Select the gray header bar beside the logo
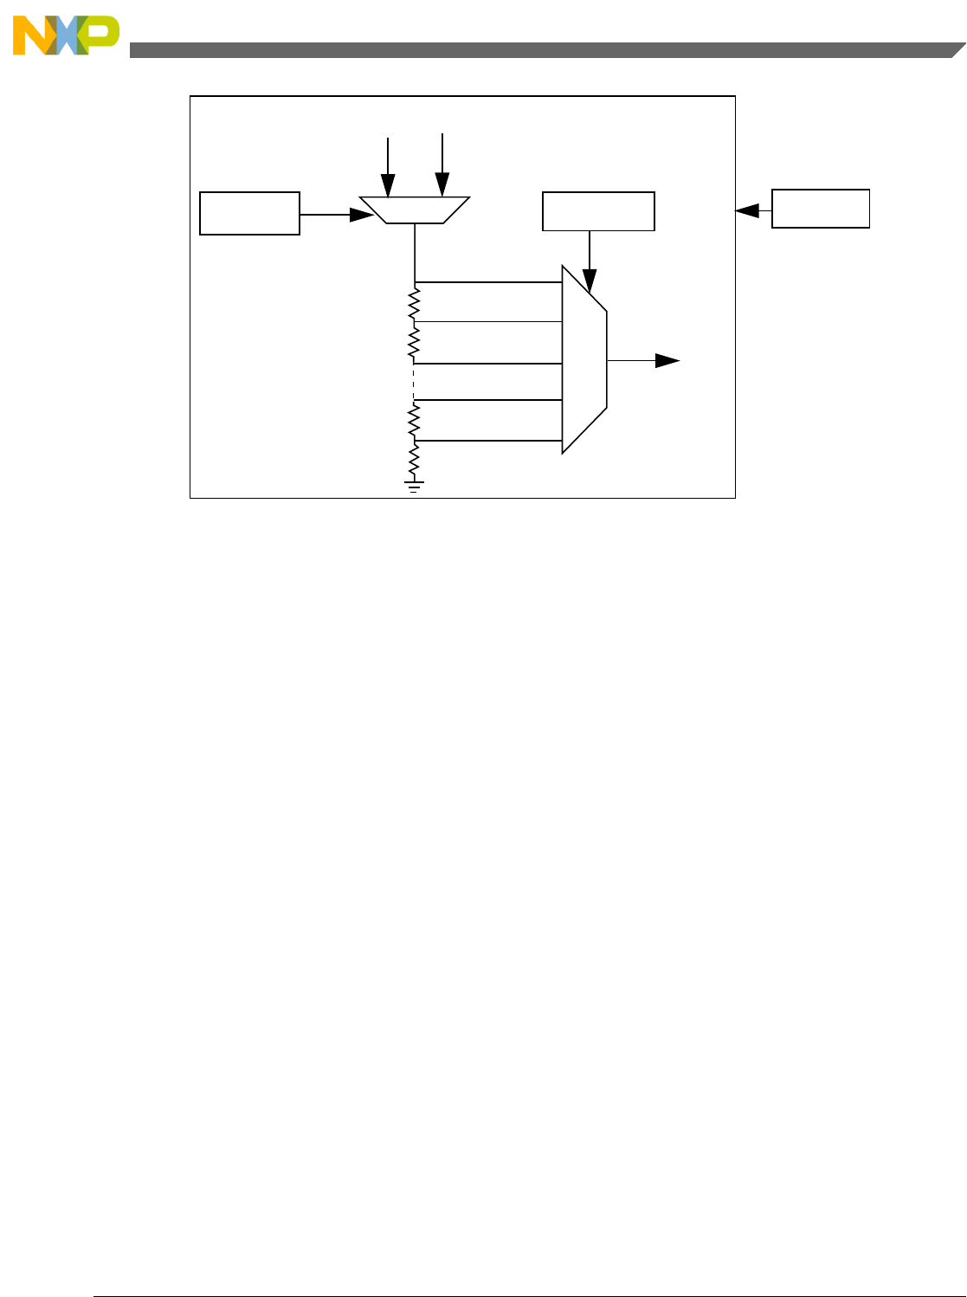pyautogui.click(x=537, y=50)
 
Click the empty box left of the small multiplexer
pyautogui.click(x=249, y=214)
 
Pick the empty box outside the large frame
pyautogui.click(x=820, y=209)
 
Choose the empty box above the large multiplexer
pyautogui.click(x=598, y=211)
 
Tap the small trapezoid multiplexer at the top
pyautogui.click(x=415, y=210)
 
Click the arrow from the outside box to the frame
pyautogui.click(x=751, y=210)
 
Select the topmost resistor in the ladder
pyautogui.click(x=415, y=303)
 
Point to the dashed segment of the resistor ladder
pyautogui.click(x=415, y=381)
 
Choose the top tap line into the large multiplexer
pyautogui.click(x=488, y=282)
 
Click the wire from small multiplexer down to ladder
pyautogui.click(x=416, y=252)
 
